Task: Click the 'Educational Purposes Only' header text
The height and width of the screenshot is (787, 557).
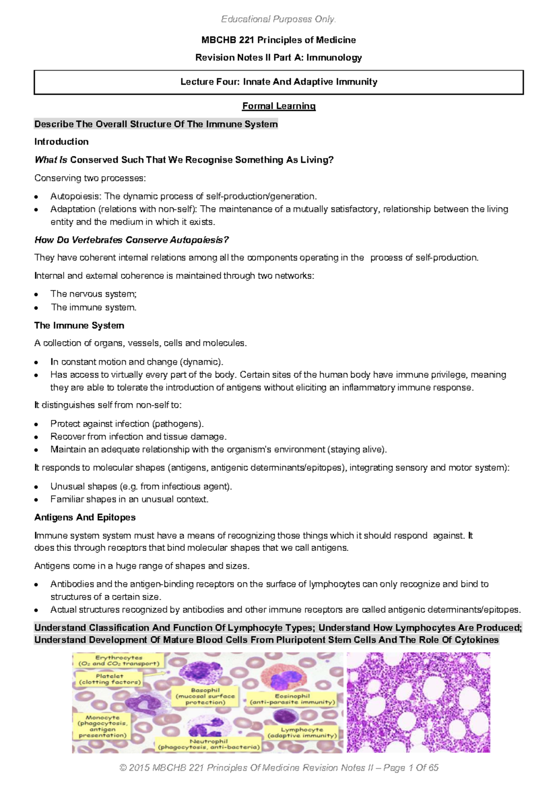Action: pyautogui.click(x=278, y=19)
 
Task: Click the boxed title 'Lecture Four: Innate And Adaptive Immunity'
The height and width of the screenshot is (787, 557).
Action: pyautogui.click(x=278, y=82)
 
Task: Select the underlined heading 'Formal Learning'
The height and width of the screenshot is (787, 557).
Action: pyautogui.click(x=278, y=106)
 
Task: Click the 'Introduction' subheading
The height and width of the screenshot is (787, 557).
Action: pyautogui.click(x=61, y=142)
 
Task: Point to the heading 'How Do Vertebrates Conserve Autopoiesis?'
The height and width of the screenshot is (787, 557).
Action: pyautogui.click(x=131, y=240)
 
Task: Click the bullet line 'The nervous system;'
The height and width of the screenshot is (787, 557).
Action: pyautogui.click(x=93, y=294)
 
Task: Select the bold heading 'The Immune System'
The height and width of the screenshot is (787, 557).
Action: pyautogui.click(x=79, y=325)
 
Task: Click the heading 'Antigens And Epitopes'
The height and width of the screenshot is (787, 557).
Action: pyautogui.click(x=85, y=517)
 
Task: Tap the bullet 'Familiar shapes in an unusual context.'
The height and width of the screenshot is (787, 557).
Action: pyautogui.click(x=129, y=499)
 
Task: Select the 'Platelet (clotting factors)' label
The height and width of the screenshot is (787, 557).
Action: pyautogui.click(x=109, y=679)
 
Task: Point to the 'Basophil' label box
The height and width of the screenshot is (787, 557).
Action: pyautogui.click(x=205, y=696)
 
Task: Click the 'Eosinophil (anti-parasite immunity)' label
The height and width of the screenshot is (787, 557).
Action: pyautogui.click(x=292, y=699)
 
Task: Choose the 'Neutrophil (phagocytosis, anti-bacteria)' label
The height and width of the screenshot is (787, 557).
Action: pyautogui.click(x=208, y=744)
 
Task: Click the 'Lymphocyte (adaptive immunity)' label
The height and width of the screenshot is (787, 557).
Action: pyautogui.click(x=302, y=732)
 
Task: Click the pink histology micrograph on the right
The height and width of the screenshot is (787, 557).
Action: pyautogui.click(x=418, y=702)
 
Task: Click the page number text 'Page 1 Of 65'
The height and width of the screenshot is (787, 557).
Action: pyautogui.click(x=411, y=768)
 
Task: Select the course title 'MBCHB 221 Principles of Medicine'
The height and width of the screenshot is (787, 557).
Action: pyautogui.click(x=278, y=40)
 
